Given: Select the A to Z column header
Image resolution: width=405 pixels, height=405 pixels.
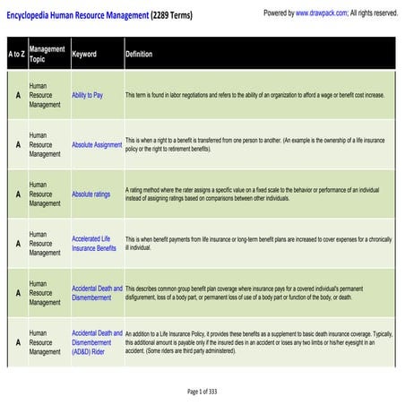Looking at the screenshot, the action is [x=16, y=54].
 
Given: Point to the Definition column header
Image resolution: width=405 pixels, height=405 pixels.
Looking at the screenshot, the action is [x=139, y=54].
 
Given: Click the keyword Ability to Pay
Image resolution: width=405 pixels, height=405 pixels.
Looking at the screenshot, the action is [x=93, y=94].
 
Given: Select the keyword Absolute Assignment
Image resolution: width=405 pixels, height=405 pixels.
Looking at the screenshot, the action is [x=97, y=144].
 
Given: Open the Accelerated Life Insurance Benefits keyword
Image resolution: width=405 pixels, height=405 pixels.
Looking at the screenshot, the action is [x=94, y=244].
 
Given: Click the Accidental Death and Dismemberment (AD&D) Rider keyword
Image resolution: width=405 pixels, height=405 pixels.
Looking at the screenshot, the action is [x=97, y=342].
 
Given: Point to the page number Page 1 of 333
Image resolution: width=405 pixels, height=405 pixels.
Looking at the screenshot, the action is [x=202, y=392].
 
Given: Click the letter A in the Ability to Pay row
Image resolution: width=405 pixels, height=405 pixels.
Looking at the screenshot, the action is [x=16, y=94].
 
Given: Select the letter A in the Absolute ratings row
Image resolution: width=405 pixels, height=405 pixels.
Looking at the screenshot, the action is [x=16, y=194].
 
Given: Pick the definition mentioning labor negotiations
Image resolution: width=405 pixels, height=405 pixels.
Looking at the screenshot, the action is [x=255, y=94].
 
